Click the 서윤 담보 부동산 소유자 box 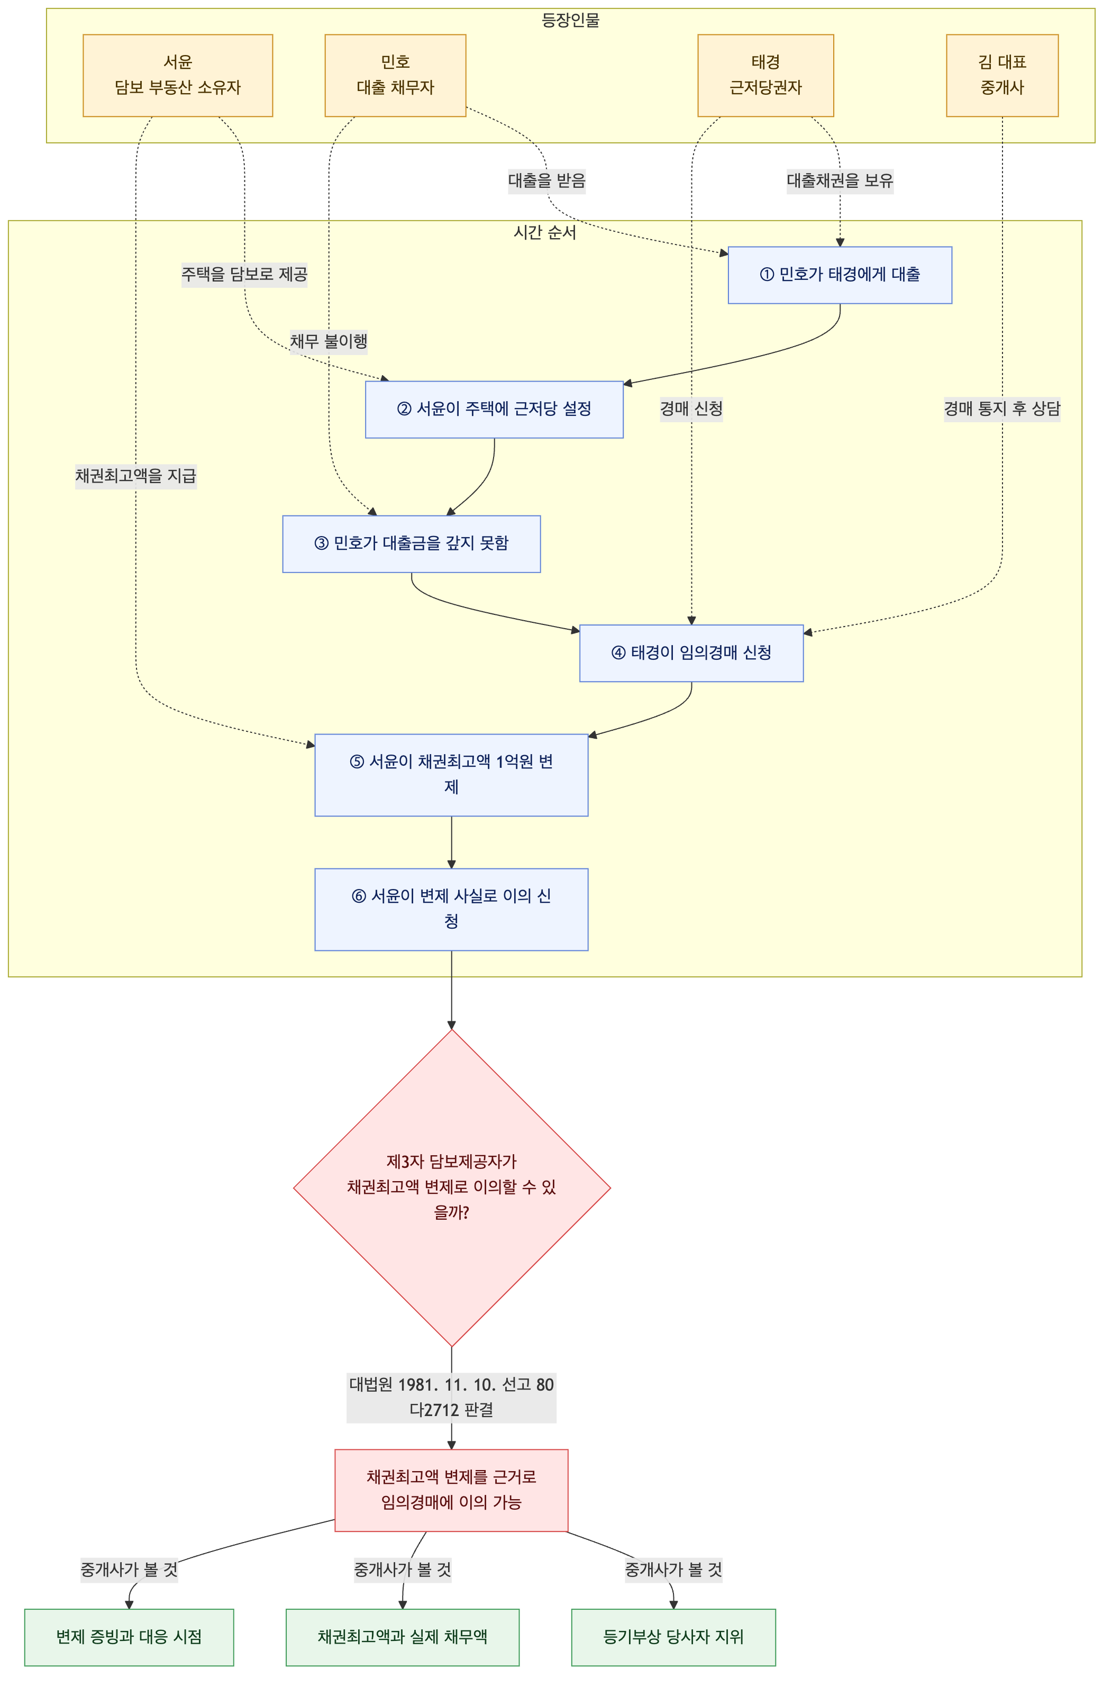point(177,75)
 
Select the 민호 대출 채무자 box point(395,75)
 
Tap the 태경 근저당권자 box point(765,75)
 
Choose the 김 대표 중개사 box point(1002,75)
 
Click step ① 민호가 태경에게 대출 point(840,275)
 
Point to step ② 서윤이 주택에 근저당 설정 point(494,410)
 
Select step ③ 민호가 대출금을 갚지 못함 point(412,544)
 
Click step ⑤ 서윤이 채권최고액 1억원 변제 point(451,775)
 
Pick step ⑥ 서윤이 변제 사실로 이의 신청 point(451,910)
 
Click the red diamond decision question point(452,1187)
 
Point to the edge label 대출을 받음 point(547,181)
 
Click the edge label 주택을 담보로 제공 point(244,275)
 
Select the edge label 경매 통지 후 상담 point(1002,410)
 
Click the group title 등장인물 point(571,21)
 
